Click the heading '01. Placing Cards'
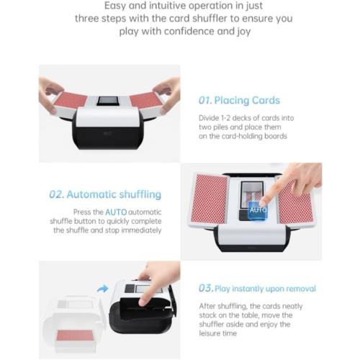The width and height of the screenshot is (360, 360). pyautogui.click(x=238, y=100)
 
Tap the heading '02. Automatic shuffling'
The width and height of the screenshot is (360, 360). pyautogui.click(x=105, y=194)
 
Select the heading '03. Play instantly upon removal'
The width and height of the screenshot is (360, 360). pyautogui.click(x=257, y=289)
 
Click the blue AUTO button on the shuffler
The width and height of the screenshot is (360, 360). pyautogui.click(x=257, y=210)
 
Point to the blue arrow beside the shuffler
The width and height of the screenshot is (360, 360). pyautogui.click(x=103, y=288)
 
